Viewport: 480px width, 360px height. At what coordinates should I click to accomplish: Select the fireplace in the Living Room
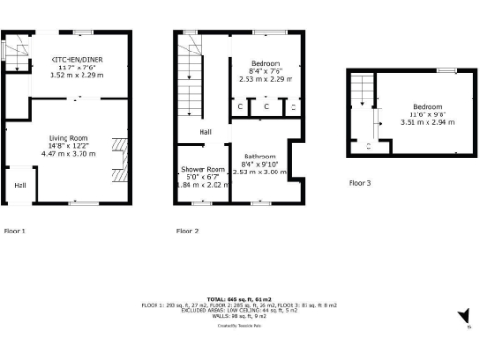(x=116, y=158)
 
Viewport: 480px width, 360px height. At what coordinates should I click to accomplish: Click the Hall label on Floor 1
(x=20, y=185)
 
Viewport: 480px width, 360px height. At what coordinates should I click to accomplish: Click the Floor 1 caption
(x=15, y=230)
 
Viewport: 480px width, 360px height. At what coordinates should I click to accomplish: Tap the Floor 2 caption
(x=187, y=230)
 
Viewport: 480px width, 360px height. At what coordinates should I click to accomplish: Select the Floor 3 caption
(x=360, y=183)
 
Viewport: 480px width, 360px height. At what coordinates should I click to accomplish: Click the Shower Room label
(x=197, y=170)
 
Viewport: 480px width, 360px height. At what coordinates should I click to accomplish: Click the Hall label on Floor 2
(x=204, y=132)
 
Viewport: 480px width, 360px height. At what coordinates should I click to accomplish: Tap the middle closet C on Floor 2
(x=266, y=107)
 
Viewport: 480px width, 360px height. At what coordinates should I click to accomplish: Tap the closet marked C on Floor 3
(x=368, y=146)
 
